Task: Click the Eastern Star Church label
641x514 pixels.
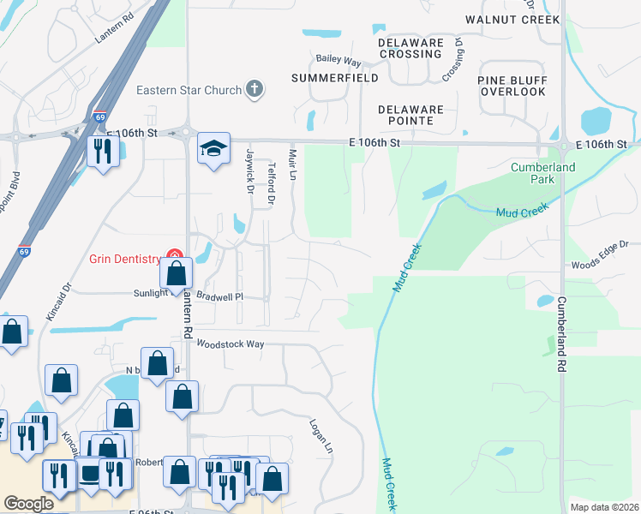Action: click(189, 89)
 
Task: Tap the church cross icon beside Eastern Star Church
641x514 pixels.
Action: click(254, 88)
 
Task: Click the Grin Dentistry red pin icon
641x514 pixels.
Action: click(174, 257)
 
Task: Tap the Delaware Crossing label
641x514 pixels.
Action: click(411, 48)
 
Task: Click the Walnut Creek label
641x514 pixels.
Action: click(512, 19)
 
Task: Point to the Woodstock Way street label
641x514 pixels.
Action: click(230, 344)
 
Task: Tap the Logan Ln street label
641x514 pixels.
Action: click(321, 436)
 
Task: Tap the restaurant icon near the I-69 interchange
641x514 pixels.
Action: click(102, 152)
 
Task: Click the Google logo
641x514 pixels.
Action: click(28, 504)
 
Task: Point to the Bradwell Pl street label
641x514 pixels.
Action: click(220, 296)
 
